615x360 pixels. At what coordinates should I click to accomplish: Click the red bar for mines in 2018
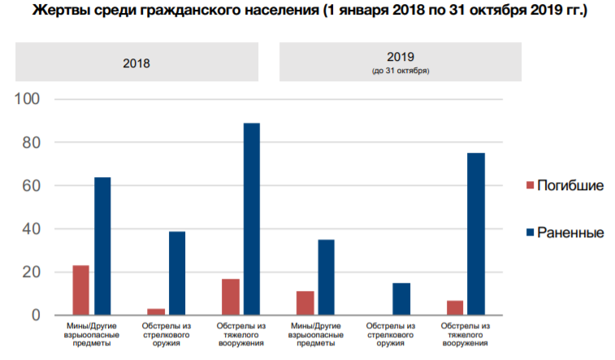point(80,290)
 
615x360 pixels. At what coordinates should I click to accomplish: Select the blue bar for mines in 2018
point(102,246)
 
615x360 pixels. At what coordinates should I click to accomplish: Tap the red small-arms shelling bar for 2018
point(155,312)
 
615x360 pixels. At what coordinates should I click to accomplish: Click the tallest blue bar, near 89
point(252,219)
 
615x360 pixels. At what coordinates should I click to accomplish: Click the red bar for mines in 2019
point(305,303)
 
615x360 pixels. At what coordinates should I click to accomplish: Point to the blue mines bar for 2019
point(326,277)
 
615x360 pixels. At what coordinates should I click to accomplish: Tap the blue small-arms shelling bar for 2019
point(401,299)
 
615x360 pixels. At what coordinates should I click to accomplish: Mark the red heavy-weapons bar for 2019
point(454,308)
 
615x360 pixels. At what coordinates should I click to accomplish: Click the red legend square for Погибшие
point(531,186)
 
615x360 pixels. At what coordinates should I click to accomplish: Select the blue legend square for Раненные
point(531,233)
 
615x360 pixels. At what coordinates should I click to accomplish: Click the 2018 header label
point(136,62)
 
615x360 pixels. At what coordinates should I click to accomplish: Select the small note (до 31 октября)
point(401,72)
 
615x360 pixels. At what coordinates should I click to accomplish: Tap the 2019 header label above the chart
point(401,58)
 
